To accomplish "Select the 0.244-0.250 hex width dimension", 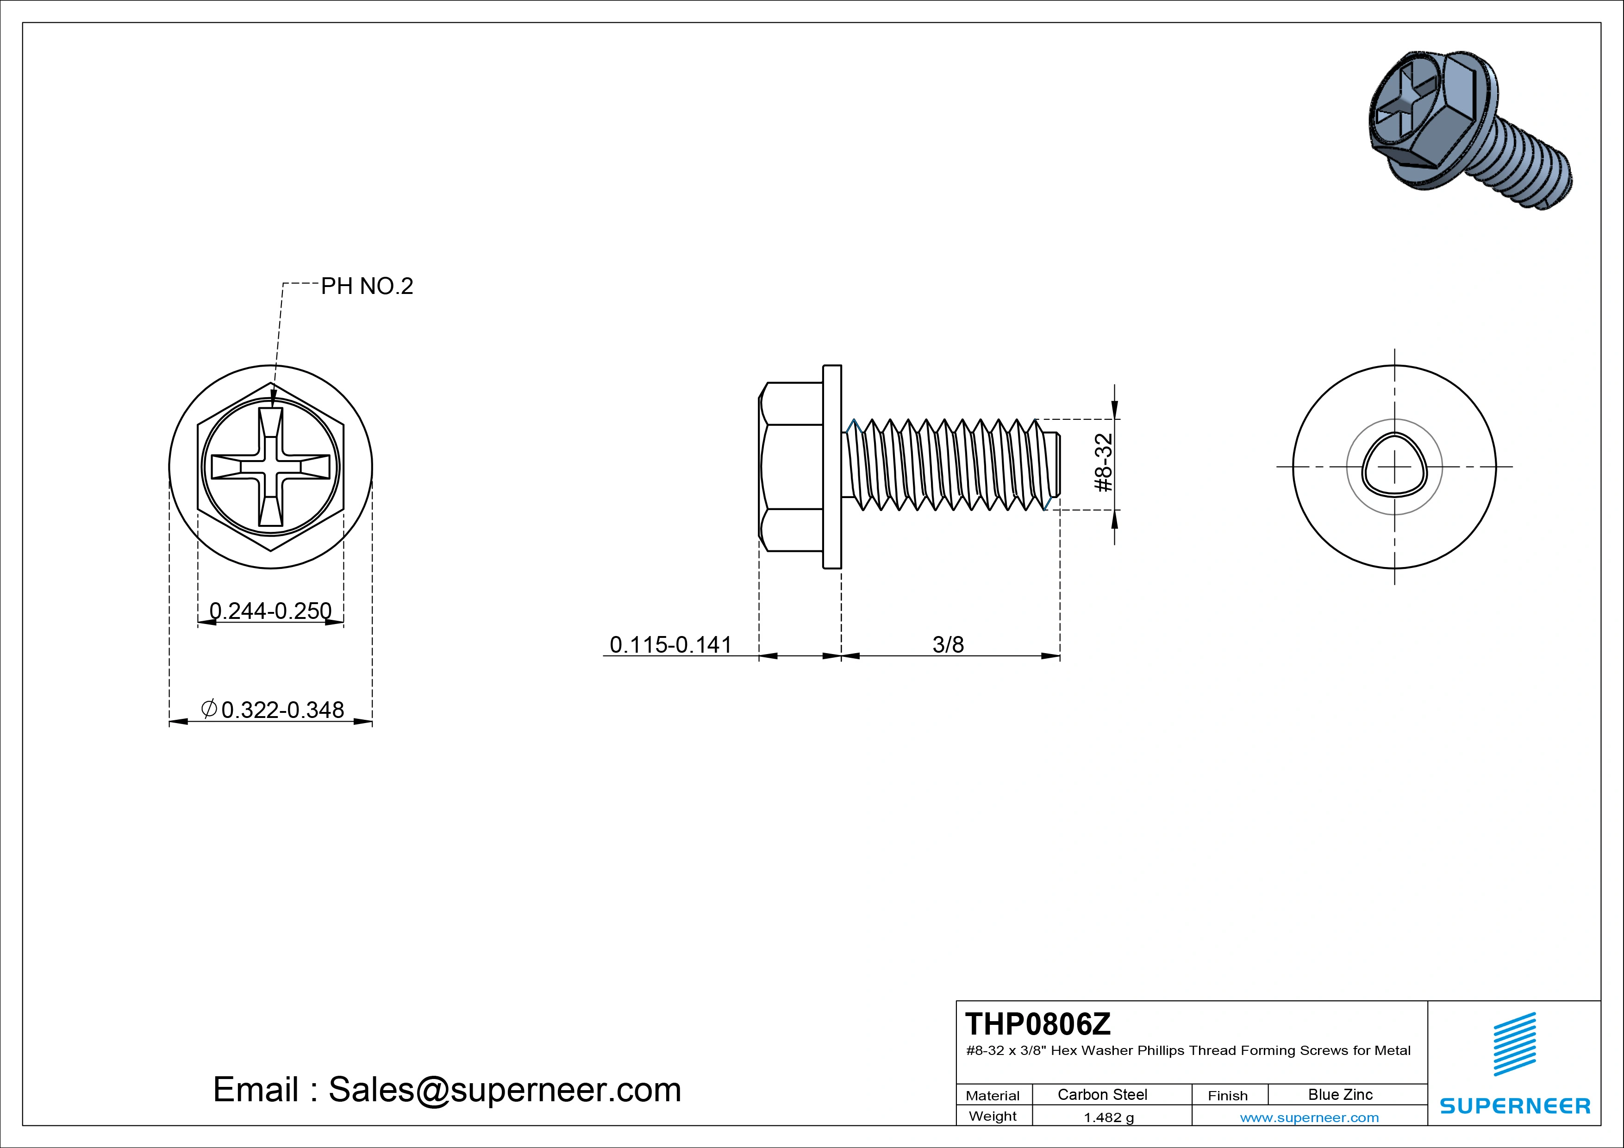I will [270, 611].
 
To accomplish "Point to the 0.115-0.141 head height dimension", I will [670, 644].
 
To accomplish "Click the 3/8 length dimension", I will [948, 644].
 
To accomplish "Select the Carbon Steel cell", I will [1102, 1094].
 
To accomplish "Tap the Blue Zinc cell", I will [1340, 1094].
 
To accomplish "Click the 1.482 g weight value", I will [1108, 1117].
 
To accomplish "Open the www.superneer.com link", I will [1309, 1117].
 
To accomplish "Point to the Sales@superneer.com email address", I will [504, 1089].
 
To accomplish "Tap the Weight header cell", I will [993, 1116].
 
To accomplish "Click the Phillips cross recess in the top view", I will [270, 467].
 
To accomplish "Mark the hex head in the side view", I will [791, 467].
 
